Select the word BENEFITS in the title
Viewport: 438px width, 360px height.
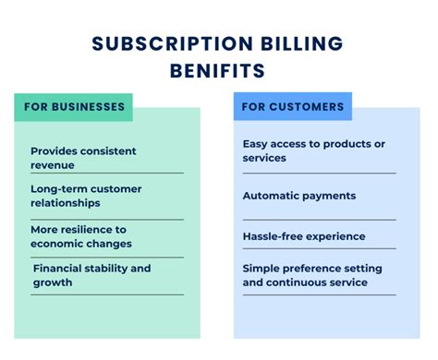219,71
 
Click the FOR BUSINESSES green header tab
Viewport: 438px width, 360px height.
73,107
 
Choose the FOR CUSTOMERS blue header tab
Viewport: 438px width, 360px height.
293,107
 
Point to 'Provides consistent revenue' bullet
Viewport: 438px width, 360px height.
83,157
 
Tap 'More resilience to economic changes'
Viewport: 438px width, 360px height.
81,235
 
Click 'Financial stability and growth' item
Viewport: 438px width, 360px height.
91,275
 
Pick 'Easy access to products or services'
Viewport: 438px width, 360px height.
313,150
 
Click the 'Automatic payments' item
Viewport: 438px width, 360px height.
298,196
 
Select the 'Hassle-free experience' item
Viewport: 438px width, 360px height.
304,235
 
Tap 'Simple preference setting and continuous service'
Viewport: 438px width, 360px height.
311,275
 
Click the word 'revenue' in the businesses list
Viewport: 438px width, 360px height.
53,164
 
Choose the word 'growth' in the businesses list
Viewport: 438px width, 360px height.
53,282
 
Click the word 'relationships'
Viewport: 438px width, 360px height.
67,203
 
